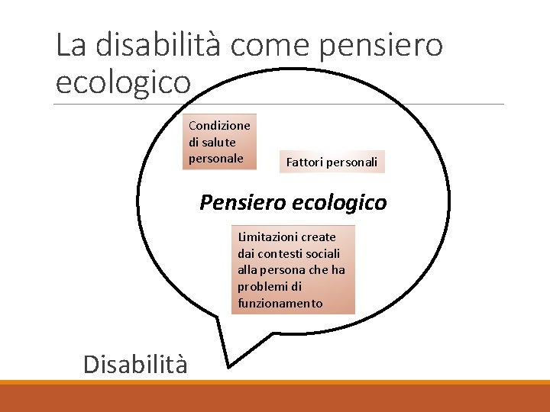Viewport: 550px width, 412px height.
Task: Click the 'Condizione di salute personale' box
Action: [222, 141]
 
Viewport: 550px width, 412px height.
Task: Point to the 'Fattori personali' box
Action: [332, 162]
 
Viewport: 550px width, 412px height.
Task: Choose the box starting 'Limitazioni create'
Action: [293, 270]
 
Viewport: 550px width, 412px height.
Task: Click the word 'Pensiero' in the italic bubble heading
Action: [242, 203]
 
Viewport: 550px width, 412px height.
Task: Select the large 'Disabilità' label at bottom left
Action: [135, 365]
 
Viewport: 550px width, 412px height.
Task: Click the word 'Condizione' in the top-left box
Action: [219, 125]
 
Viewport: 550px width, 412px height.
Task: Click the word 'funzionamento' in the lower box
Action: [280, 304]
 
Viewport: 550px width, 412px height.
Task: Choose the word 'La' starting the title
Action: [70, 46]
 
